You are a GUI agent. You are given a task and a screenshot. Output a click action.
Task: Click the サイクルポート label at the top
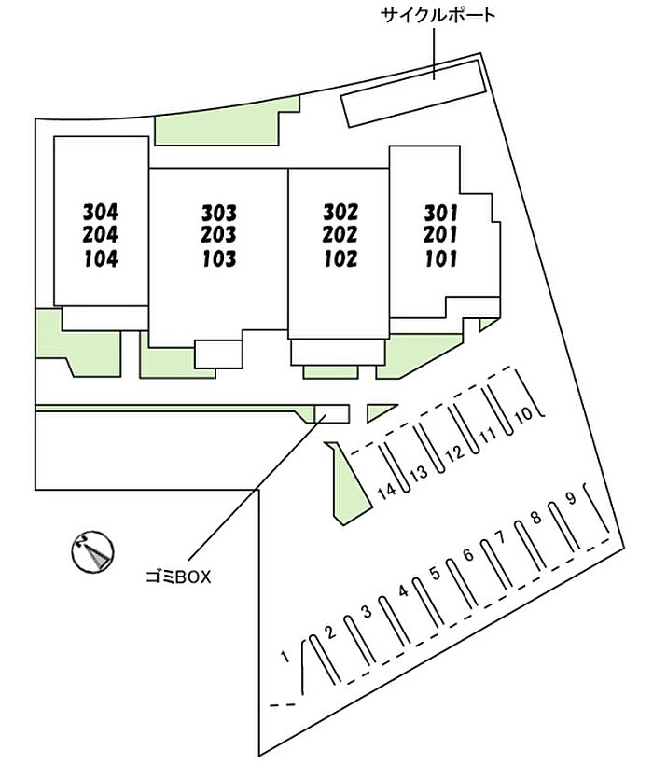438,16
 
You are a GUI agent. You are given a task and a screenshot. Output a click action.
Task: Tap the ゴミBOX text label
178,577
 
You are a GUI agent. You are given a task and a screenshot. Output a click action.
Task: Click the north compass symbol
92,551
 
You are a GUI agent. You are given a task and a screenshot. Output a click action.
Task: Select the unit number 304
101,213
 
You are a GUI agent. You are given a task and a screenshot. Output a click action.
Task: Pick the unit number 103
219,258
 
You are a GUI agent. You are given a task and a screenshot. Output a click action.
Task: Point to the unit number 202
340,235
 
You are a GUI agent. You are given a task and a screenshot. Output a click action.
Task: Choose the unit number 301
441,214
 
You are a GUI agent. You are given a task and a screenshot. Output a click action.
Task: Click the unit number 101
441,258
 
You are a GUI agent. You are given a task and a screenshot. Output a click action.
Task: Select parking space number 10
523,413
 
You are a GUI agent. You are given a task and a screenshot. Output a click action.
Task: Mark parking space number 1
285,657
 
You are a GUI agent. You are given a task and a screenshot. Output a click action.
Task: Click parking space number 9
572,497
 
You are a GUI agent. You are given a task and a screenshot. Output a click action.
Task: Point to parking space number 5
435,574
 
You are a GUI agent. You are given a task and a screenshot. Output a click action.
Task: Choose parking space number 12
454,452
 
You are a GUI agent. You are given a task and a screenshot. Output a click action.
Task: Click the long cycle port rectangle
413,93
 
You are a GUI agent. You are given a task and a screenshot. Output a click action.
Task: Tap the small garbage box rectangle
332,413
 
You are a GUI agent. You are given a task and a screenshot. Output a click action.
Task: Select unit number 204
101,235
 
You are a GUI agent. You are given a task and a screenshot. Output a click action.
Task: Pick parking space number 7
500,536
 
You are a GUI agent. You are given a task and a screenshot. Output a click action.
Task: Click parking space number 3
367,611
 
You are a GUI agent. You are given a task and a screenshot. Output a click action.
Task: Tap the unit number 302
340,213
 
